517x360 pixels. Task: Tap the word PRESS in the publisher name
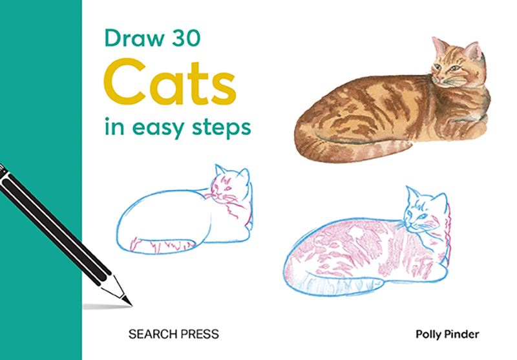198,334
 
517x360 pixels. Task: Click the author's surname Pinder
467,334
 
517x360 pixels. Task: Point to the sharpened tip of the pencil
128,302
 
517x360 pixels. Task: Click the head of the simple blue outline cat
231,187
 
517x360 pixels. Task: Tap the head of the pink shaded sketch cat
423,213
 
